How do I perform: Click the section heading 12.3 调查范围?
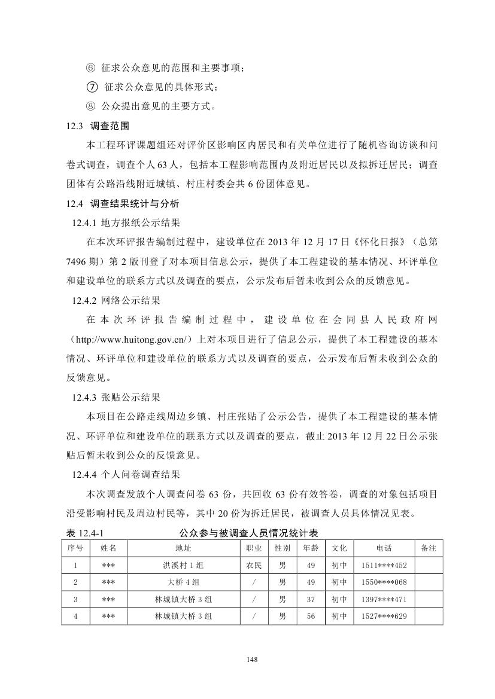(97, 126)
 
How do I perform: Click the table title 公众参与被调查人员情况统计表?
(247, 532)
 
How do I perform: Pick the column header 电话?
(384, 548)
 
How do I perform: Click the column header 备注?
(429, 548)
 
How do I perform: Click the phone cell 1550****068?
(384, 582)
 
